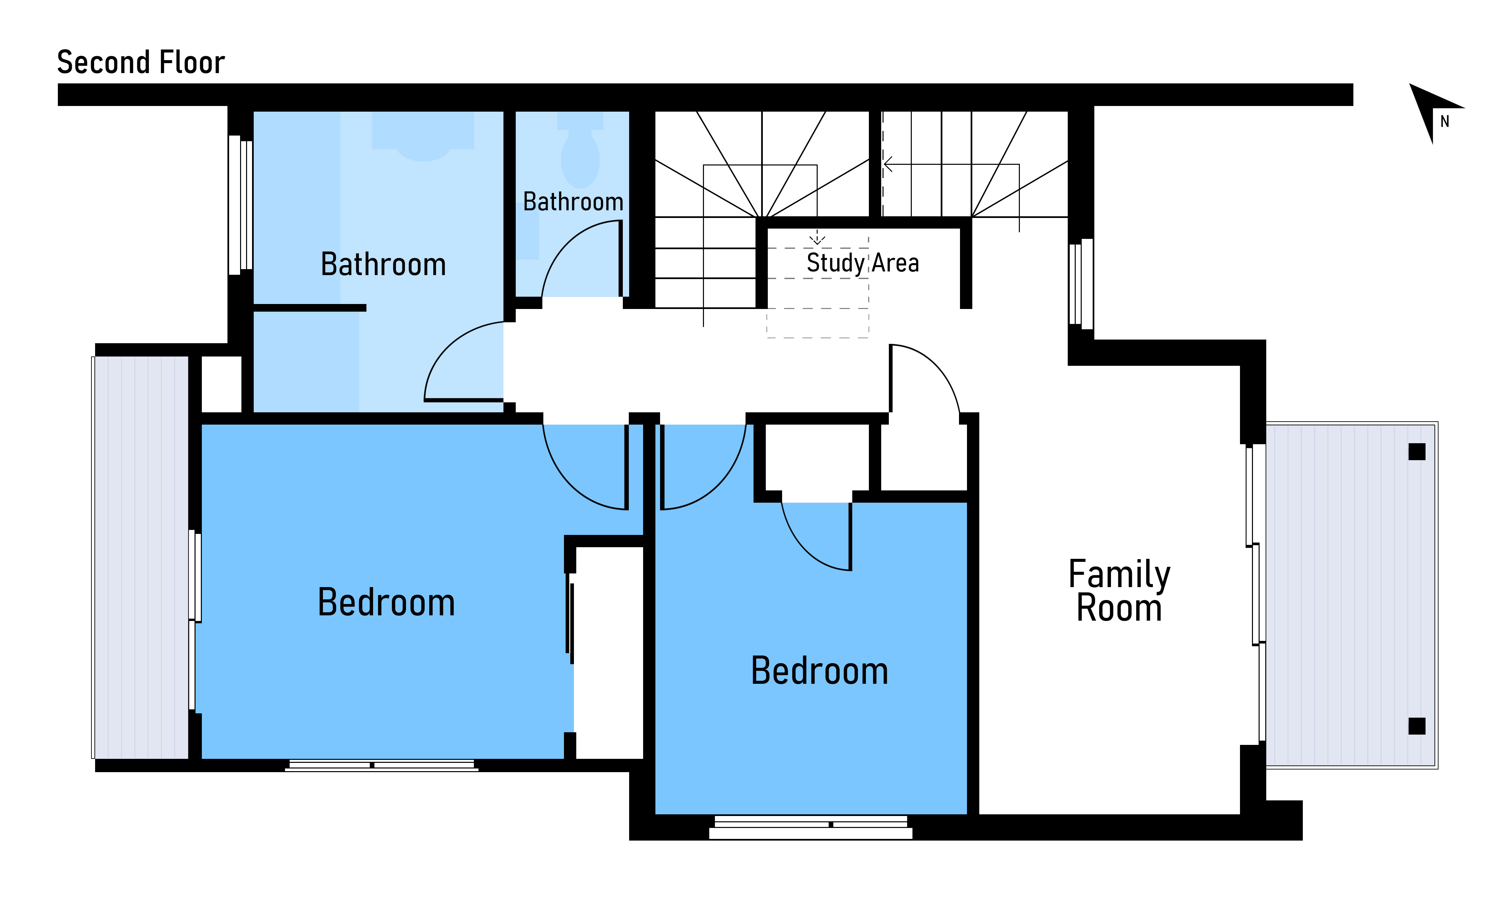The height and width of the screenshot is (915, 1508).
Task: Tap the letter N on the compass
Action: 1445,122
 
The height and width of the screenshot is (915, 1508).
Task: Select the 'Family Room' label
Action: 1119,591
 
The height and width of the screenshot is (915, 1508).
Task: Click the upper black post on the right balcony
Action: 1417,452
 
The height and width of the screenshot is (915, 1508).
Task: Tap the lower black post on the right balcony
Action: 1417,726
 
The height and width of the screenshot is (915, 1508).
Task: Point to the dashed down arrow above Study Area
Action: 817,237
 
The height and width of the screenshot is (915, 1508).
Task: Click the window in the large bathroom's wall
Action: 240,205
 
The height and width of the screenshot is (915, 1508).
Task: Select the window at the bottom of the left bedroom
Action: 381,765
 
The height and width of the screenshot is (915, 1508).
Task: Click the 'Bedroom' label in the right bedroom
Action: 819,671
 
